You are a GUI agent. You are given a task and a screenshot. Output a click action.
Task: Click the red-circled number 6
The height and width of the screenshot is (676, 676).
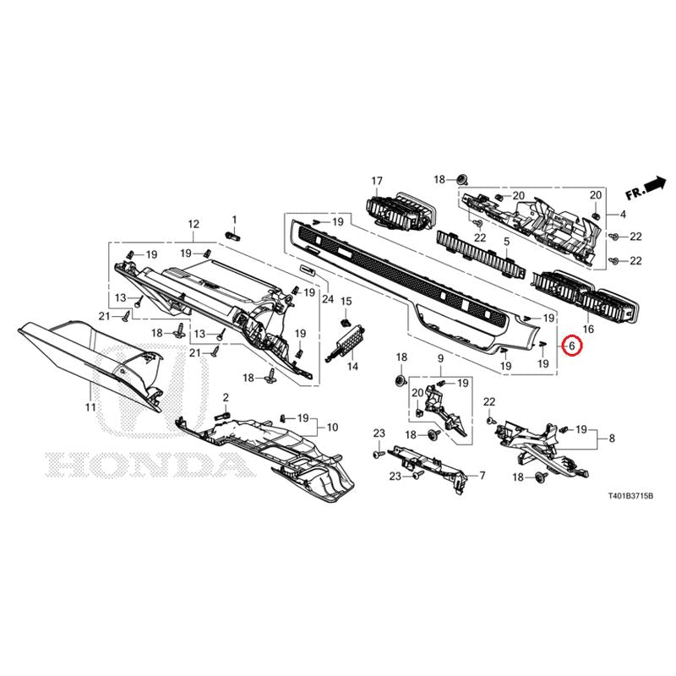coord(572,346)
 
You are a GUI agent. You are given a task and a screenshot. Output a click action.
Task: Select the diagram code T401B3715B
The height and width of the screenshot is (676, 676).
coord(630,497)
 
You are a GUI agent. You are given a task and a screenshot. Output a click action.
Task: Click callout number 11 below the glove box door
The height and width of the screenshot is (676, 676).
coord(90,406)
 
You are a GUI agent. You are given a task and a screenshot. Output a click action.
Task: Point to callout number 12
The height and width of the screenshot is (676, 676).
coord(194,224)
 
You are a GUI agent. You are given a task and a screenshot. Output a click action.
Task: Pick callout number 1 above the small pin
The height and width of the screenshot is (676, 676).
coord(235,220)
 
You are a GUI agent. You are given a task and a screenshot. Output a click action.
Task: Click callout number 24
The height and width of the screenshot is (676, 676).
coord(328,298)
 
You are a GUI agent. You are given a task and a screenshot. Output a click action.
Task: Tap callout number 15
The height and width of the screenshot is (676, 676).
coord(346,301)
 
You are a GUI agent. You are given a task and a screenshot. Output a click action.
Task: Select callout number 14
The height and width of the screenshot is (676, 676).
coord(352,367)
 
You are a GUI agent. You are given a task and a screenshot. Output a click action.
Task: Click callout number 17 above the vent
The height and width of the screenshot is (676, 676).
coord(377,181)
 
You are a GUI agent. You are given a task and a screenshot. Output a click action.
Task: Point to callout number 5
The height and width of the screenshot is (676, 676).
coord(506,242)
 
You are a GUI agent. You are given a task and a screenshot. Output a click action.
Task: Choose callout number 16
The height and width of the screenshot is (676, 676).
coord(588,330)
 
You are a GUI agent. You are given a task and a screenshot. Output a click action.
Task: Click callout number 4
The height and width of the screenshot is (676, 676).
coord(623,215)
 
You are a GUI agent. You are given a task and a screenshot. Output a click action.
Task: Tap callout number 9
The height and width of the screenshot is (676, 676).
coord(440,357)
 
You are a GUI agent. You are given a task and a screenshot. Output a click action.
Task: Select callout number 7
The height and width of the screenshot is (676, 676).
coord(482,476)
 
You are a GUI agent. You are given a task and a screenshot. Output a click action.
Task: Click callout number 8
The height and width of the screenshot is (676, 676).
coord(612,439)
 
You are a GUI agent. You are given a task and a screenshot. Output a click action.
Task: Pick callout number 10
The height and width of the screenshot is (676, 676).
coord(332,428)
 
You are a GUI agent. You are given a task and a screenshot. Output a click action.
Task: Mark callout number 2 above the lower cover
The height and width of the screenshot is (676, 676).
coord(226,397)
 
